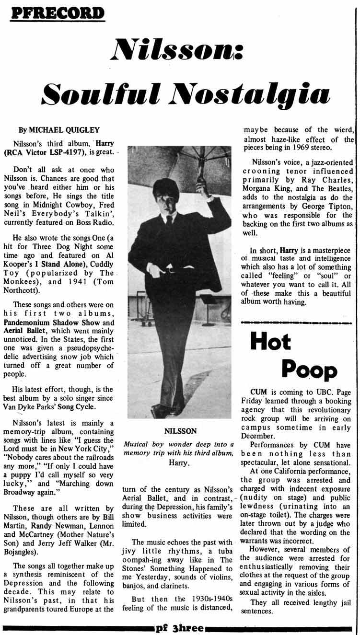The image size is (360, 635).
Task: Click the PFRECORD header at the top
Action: point(58,12)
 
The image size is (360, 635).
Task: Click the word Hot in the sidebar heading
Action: point(270,341)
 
